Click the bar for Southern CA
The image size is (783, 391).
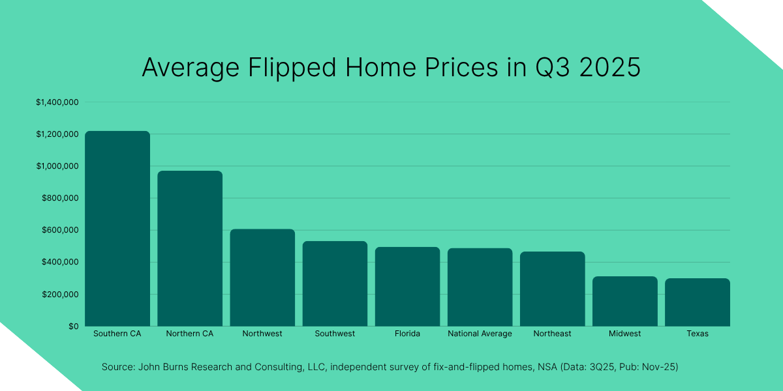(x=117, y=228)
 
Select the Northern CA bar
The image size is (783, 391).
(x=190, y=248)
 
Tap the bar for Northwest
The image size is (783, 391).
(x=262, y=278)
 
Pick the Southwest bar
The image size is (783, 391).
(x=335, y=283)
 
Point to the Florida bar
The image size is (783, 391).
(x=407, y=287)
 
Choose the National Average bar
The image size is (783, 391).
(x=480, y=287)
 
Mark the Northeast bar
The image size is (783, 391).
(x=552, y=289)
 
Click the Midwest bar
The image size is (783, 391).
(x=624, y=301)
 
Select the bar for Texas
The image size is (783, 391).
(x=697, y=302)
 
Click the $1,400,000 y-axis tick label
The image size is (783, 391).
(x=57, y=102)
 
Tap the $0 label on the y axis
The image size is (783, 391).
(x=73, y=326)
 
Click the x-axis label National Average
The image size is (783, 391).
(x=480, y=334)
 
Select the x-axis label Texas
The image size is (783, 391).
(x=697, y=334)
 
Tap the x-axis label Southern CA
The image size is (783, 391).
(x=117, y=334)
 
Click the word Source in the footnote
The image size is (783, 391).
(x=117, y=367)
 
